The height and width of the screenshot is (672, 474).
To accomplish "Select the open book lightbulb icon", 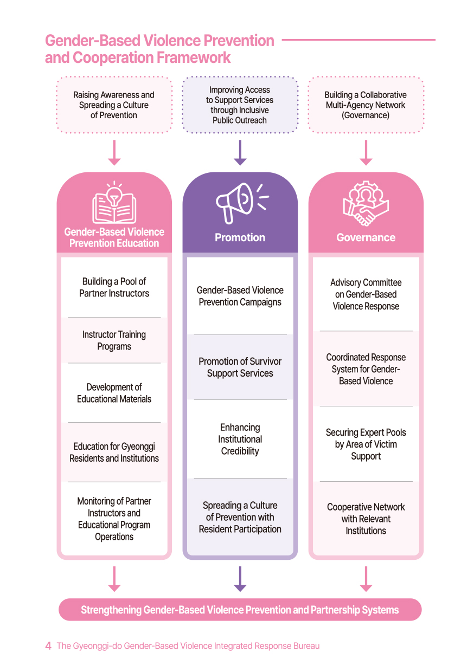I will pos(114,204).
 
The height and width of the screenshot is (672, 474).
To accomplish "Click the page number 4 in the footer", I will pos(48,646).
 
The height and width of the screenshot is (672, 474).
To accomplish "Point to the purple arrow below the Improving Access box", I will pos(240,153).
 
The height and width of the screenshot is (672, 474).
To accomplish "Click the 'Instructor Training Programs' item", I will pos(114,341).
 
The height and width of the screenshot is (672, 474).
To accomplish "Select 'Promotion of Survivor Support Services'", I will pos(240,367).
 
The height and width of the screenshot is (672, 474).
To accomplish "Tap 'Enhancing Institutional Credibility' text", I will pos(240,440).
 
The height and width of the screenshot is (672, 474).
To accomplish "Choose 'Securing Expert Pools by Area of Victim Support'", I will pos(366,444).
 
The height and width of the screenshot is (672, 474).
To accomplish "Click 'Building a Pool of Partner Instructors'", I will pos(114,288).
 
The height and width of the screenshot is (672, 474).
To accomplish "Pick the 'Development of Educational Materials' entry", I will pos(114,393).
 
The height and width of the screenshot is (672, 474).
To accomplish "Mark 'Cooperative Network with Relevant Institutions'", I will pos(366,519).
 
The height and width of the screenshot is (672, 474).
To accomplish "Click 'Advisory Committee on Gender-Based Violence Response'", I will pos(366,295).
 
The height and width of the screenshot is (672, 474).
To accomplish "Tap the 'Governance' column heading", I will pos(366,237).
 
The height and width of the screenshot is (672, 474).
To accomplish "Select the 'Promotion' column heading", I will pos(240,237).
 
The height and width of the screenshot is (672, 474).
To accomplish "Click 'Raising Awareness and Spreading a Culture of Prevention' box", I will pos(114,105).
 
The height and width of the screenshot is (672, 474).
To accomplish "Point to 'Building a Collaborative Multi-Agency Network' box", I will pos(366,105).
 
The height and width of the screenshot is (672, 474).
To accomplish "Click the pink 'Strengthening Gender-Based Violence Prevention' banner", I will pos(240,610).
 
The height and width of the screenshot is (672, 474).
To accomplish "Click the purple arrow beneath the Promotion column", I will pos(240,579).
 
